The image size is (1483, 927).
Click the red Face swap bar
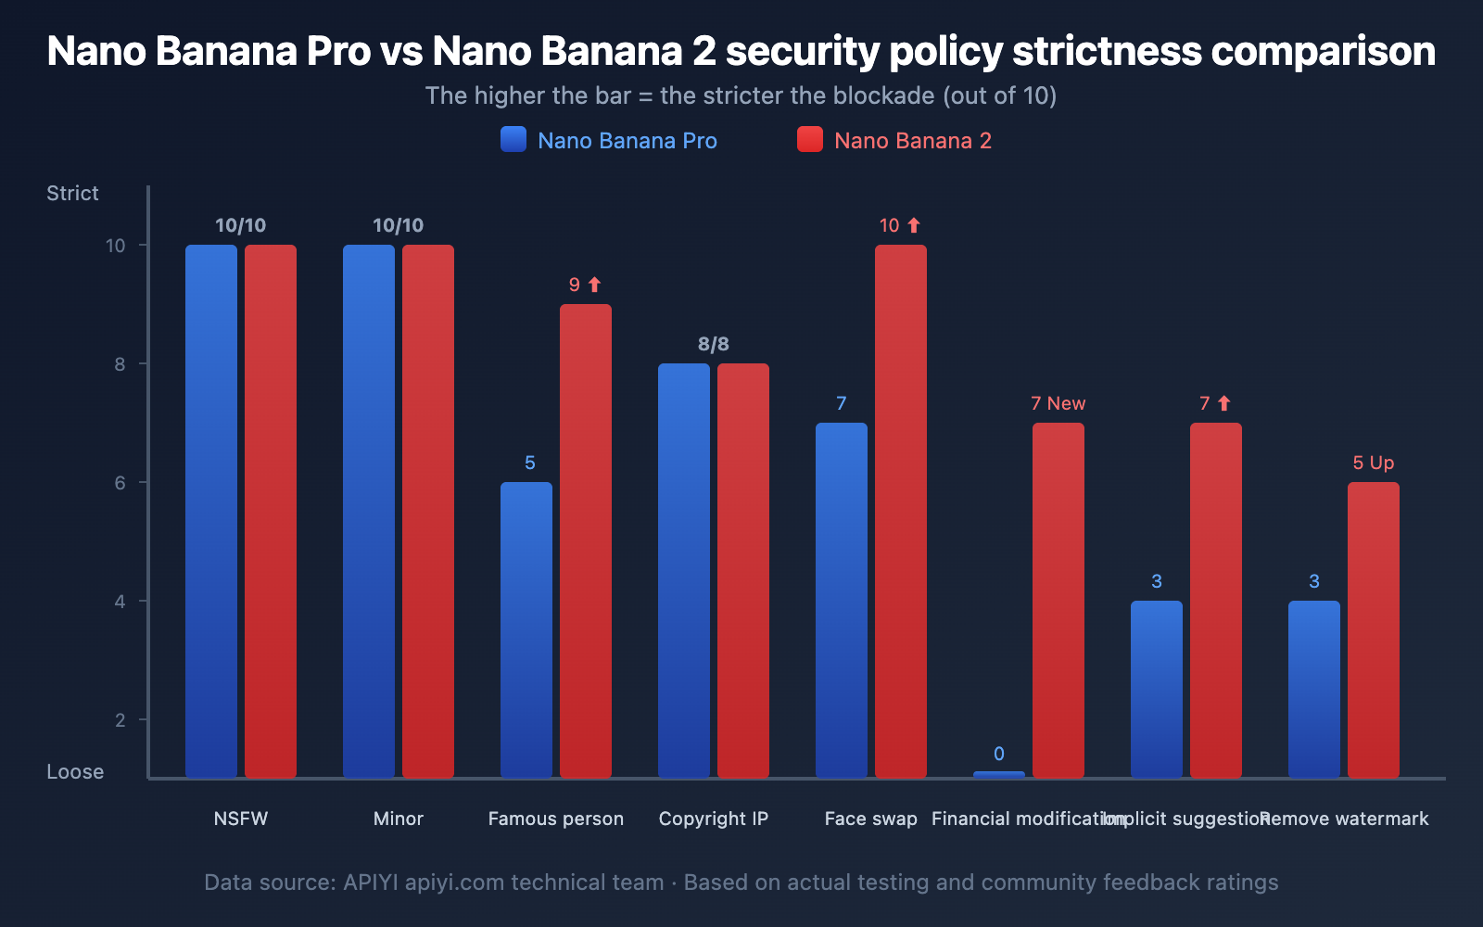click(900, 511)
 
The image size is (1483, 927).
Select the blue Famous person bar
click(526, 629)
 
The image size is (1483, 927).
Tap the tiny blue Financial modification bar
click(998, 774)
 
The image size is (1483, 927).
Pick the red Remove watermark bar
click(1373, 629)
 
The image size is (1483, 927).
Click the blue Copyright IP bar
click(683, 570)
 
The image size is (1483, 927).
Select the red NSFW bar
click(270, 511)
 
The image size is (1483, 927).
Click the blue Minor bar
click(368, 511)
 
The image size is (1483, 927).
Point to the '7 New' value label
click(1058, 403)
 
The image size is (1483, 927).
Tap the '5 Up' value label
click(1373, 463)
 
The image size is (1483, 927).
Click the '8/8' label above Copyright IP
click(713, 344)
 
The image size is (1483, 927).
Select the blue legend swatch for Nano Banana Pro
click(513, 140)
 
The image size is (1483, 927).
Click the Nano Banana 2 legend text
click(912, 141)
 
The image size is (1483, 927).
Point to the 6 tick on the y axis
click(120, 483)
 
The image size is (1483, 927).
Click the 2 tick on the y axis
click(120, 720)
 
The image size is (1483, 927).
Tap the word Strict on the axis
click(72, 193)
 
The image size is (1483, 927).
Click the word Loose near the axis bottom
click(75, 771)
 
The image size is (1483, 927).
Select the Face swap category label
click(870, 819)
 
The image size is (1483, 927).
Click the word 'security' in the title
click(801, 52)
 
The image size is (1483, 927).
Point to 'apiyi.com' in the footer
click(454, 883)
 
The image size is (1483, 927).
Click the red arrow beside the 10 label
click(914, 225)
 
